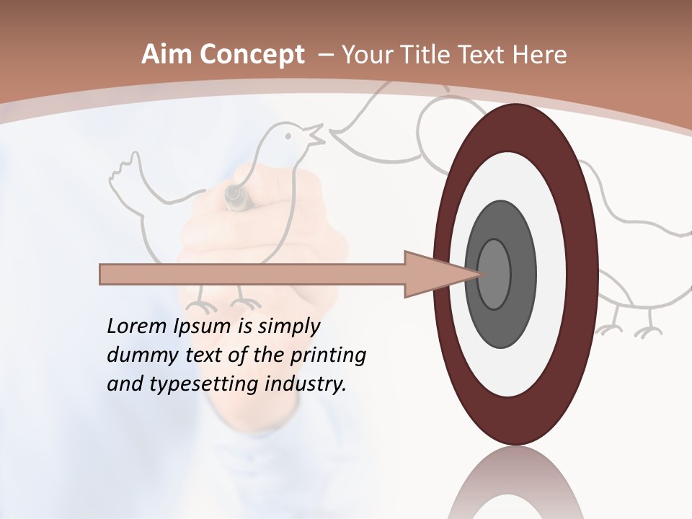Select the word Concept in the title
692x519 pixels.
[252, 56]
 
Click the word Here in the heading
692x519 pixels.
[541, 55]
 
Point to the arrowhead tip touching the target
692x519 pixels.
[479, 274]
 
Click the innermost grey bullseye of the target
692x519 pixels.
[494, 274]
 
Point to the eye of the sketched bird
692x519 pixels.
[289, 135]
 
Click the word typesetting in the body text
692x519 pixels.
[197, 385]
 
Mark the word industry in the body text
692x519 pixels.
[306, 384]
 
